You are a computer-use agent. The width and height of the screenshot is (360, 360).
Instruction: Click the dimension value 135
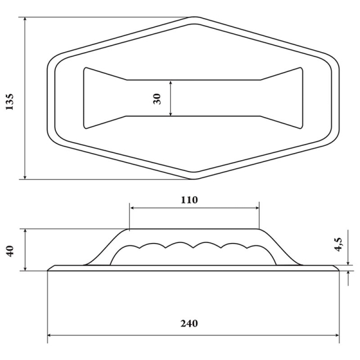[9, 100]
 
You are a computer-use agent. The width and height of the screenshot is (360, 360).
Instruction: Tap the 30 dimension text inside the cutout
[158, 98]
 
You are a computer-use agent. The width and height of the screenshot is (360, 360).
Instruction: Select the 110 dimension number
[188, 200]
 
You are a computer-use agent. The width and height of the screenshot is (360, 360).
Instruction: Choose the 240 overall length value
[188, 323]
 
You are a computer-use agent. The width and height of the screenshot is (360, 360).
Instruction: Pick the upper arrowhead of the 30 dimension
[171, 83]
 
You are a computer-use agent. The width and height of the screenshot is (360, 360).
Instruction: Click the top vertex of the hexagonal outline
[194, 17]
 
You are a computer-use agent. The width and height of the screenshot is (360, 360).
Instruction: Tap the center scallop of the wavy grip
[193, 245]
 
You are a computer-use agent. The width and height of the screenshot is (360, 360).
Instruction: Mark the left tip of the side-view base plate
[49, 269]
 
